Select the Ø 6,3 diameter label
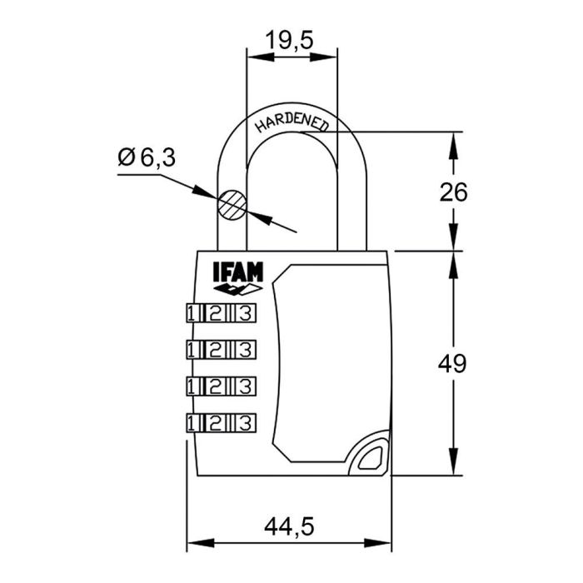point(147,157)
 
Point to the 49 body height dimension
point(453,363)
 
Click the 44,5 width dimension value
point(289,526)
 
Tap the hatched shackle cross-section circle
point(231,204)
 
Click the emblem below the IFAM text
point(237,289)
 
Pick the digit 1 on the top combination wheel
point(192,313)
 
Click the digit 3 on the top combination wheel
point(245,313)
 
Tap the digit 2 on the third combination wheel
point(217,386)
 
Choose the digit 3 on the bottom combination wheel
point(245,421)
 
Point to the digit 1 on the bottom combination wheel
point(192,421)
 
